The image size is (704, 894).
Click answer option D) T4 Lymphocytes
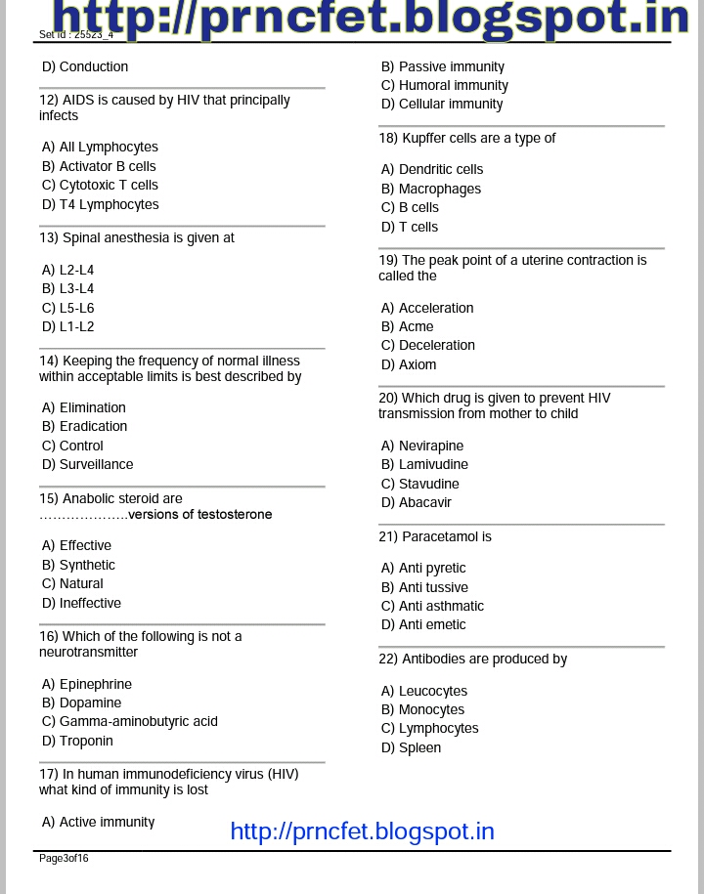click(x=100, y=204)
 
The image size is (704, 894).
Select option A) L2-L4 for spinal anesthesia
click(x=68, y=270)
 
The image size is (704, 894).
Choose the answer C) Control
click(x=72, y=446)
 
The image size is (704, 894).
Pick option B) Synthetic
click(x=78, y=565)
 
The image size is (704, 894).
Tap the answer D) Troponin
click(x=77, y=741)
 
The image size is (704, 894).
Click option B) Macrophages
click(x=431, y=189)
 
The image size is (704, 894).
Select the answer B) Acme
click(x=408, y=326)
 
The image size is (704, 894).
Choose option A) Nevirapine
click(x=422, y=446)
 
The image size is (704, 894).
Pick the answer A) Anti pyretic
click(x=423, y=568)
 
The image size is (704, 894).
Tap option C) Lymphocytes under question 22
click(x=430, y=728)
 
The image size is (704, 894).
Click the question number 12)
click(x=49, y=100)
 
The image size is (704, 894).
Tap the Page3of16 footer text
click(x=64, y=859)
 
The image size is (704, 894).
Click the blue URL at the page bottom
click(x=362, y=831)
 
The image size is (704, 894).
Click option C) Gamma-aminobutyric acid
click(x=130, y=721)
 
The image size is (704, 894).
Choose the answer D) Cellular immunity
click(x=442, y=104)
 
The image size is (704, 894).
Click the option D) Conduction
click(x=85, y=66)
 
